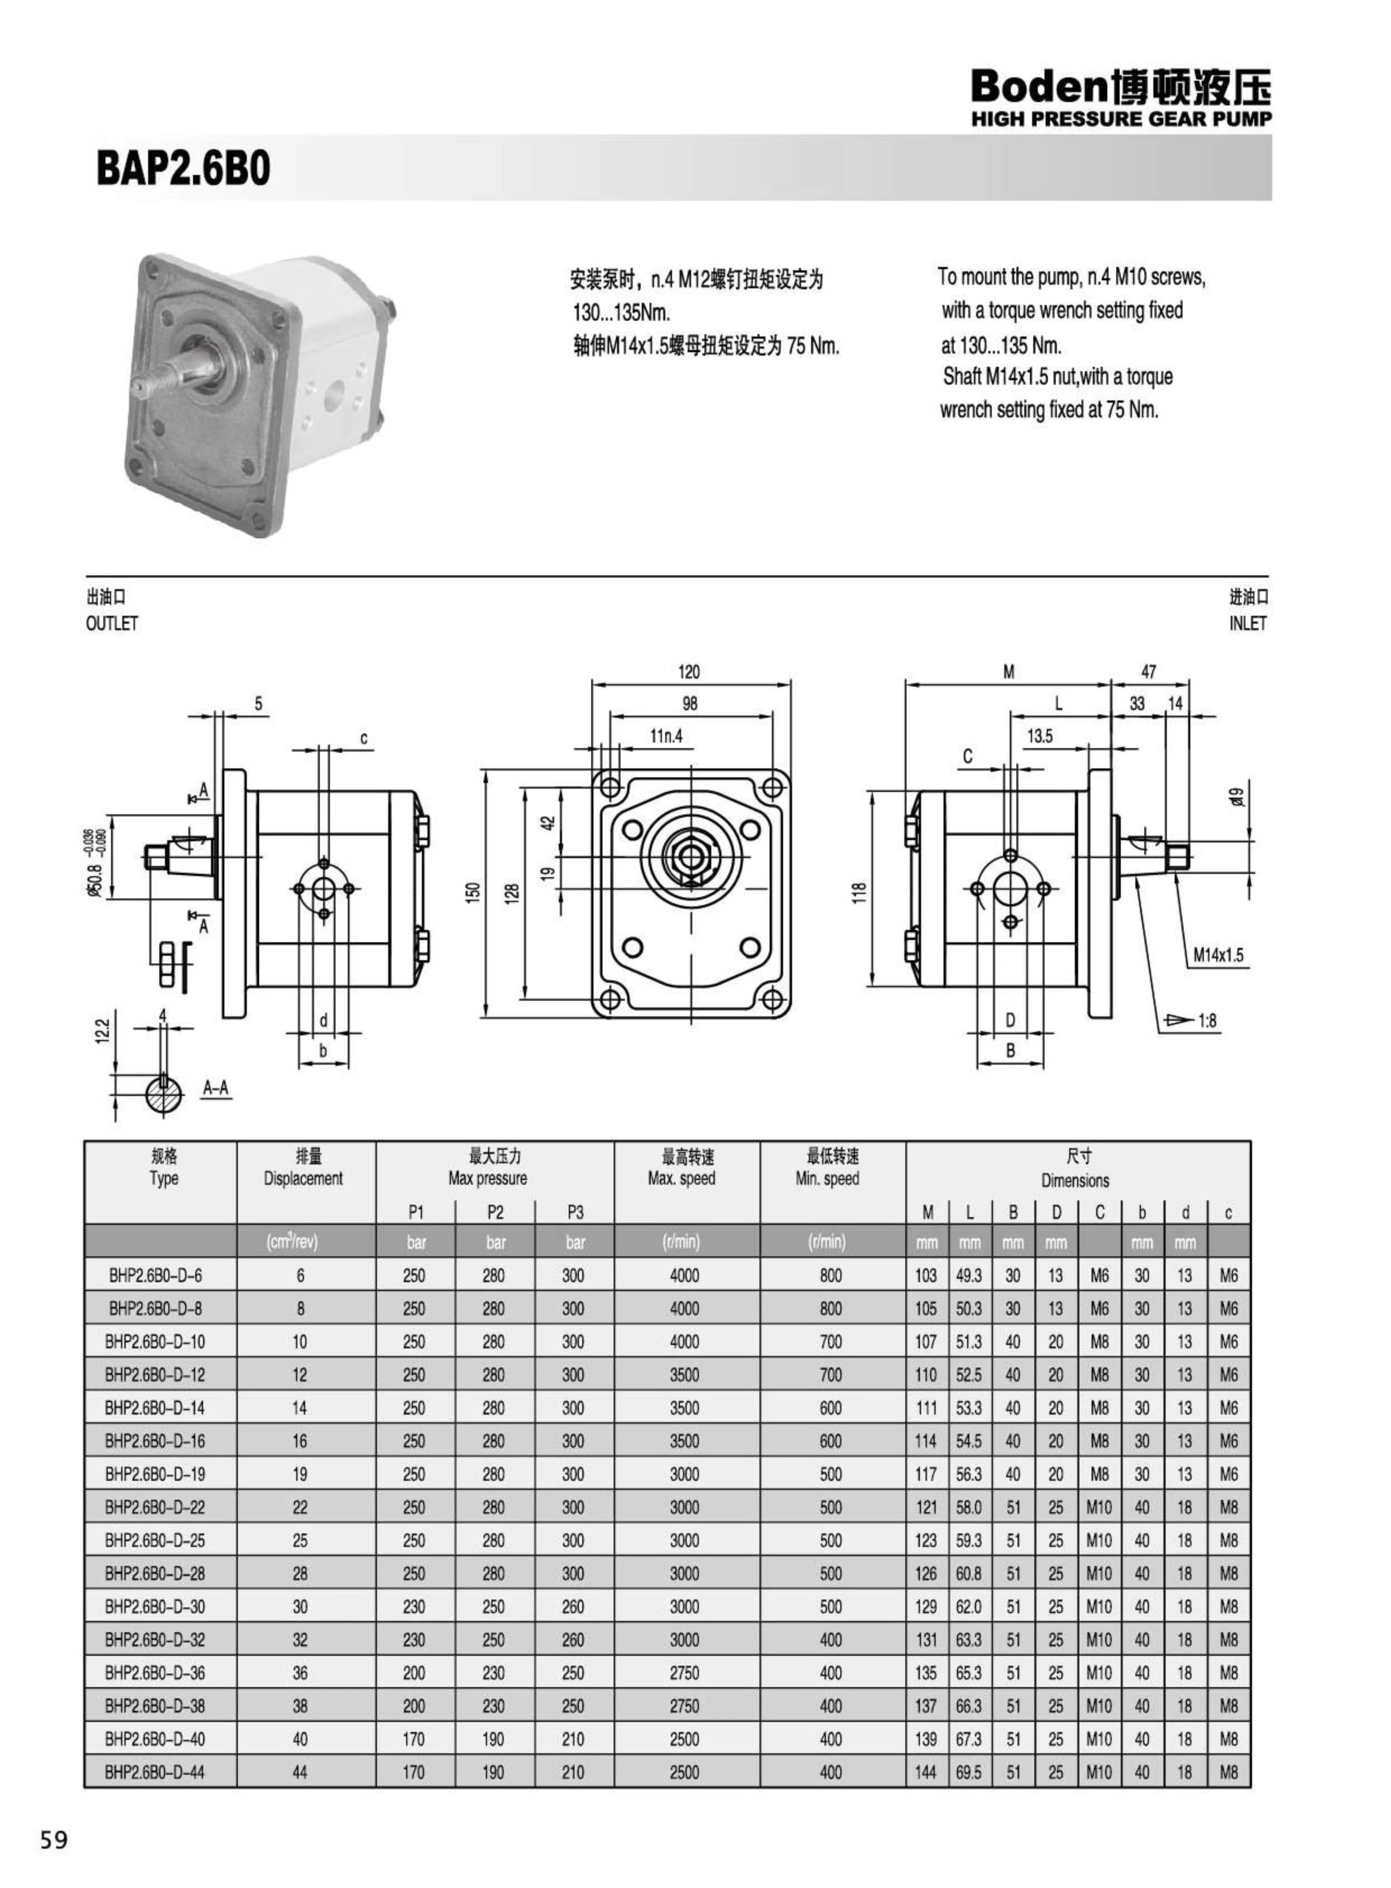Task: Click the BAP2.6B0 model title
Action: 183,168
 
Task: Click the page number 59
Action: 53,1840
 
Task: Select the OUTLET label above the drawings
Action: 111,623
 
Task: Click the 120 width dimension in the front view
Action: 689,671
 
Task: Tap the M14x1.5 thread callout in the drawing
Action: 1218,955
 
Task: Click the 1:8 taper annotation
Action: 1206,1021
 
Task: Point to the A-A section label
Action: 215,1088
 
